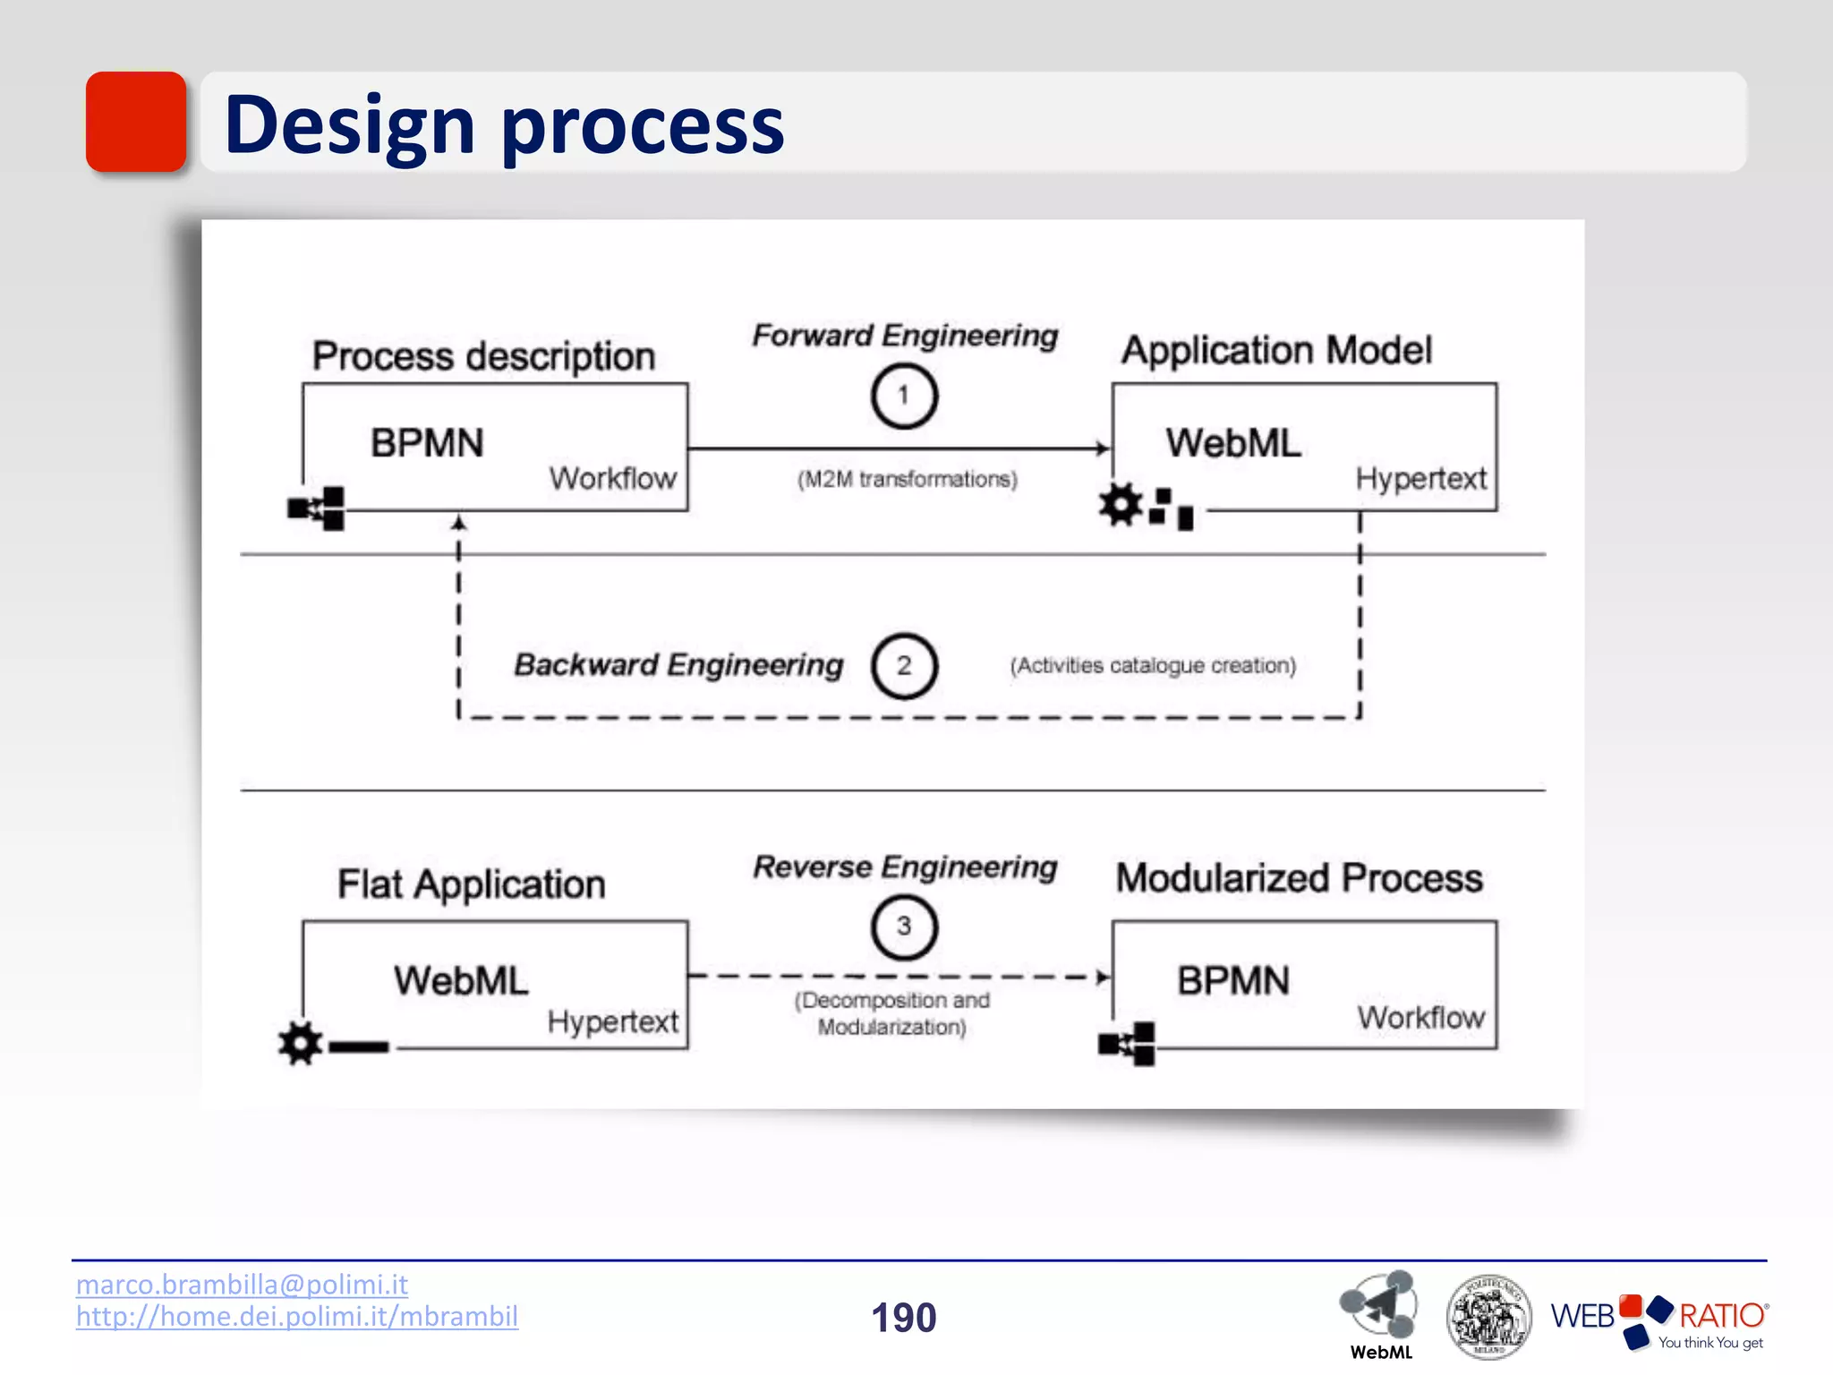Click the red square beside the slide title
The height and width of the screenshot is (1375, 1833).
(136, 122)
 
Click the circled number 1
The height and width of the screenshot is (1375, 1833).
(904, 396)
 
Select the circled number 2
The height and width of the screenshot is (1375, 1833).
(904, 665)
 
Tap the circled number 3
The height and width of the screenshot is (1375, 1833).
(904, 927)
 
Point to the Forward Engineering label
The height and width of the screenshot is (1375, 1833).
(905, 336)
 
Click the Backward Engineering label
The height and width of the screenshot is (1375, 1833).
(678, 665)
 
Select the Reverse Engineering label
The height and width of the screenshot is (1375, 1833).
(905, 867)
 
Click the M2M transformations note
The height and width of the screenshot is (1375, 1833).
(907, 480)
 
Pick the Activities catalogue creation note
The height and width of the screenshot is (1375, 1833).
(1153, 666)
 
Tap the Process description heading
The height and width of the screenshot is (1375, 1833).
(483, 356)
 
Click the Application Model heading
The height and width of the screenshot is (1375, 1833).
(1276, 350)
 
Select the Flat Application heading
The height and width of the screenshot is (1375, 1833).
(472, 884)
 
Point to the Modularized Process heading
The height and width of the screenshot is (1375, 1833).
(1299, 878)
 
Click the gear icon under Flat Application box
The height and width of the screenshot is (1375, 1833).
(300, 1043)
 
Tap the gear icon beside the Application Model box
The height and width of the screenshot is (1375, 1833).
(1121, 505)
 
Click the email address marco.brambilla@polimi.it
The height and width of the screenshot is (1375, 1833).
(242, 1285)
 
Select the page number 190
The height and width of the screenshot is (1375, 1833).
(904, 1318)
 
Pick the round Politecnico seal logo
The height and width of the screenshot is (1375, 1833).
(1488, 1317)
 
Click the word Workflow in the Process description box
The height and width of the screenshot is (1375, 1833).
(613, 479)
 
